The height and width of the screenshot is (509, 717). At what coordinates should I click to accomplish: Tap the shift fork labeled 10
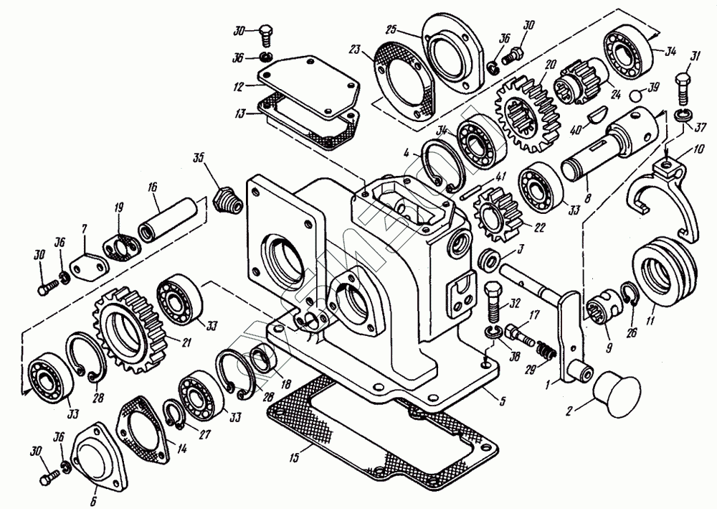click(664, 197)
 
